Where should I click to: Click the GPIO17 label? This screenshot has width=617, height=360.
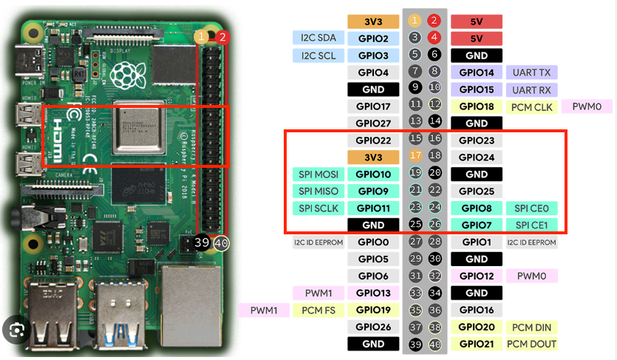373,106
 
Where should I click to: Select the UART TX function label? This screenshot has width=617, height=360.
532,72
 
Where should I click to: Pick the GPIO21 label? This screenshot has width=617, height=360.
477,344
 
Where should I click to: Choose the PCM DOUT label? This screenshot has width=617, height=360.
532,344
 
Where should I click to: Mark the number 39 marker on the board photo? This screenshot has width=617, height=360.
202,243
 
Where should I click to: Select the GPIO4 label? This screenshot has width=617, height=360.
373,72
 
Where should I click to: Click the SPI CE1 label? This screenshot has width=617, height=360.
532,225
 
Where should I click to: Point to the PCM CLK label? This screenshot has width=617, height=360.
532,106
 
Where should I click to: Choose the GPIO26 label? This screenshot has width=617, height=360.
373,327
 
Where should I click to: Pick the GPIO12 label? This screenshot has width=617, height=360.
477,276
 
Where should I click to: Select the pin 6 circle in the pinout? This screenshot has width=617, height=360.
434,55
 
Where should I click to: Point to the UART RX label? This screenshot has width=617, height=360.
532,89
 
